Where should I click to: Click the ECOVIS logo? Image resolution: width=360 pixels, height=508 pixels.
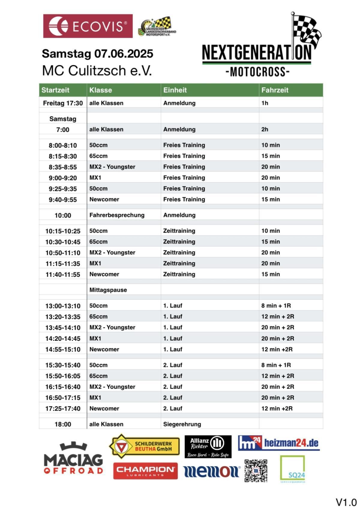pyautogui.click(x=88, y=26)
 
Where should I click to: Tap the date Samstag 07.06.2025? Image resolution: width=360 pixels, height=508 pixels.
pyautogui.click(x=97, y=54)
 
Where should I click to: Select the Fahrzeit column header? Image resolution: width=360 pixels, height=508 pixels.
pyautogui.click(x=275, y=90)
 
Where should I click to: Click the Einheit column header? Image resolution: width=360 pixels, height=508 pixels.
pyautogui.click(x=175, y=90)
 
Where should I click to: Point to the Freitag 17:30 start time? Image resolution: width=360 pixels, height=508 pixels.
pyautogui.click(x=63, y=103)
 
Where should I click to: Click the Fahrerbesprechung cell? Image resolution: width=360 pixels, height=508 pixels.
pyautogui.click(x=117, y=215)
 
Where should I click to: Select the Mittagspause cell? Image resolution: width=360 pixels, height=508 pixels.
pyautogui.click(x=108, y=290)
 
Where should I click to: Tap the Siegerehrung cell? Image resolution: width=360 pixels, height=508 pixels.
pyautogui.click(x=182, y=424)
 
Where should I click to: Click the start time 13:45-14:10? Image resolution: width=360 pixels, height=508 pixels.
pyautogui.click(x=63, y=328)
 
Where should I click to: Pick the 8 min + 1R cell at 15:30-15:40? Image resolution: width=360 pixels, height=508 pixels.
pyautogui.click(x=276, y=365)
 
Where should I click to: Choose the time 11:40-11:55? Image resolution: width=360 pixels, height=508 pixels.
pyautogui.click(x=63, y=274)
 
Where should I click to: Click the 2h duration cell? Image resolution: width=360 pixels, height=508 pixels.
pyautogui.click(x=265, y=129)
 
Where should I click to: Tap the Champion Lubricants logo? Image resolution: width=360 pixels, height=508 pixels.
pyautogui.click(x=145, y=471)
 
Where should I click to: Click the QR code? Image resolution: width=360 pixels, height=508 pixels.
pyautogui.click(x=256, y=471)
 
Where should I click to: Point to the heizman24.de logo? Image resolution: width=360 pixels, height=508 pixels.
pyautogui.click(x=279, y=443)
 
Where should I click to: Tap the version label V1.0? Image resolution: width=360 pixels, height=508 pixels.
pyautogui.click(x=346, y=502)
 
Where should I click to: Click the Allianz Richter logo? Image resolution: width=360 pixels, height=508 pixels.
pyautogui.click(x=208, y=446)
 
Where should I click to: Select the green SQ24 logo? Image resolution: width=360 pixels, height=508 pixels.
pyautogui.click(x=292, y=469)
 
